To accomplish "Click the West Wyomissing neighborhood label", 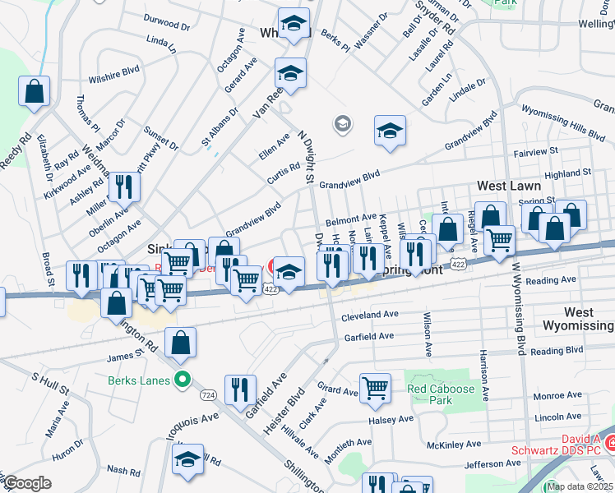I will click(x=589, y=319).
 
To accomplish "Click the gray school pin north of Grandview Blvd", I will click(x=342, y=125).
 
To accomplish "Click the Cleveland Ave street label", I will click(x=370, y=315).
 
